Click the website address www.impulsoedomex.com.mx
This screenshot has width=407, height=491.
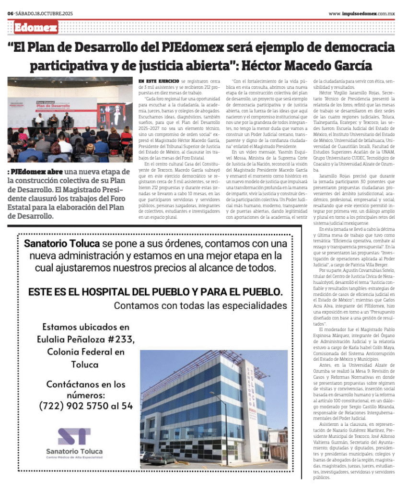pos(362,13)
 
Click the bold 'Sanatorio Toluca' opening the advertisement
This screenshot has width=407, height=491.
pos(62,244)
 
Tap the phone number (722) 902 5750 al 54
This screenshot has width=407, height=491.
pos(86,406)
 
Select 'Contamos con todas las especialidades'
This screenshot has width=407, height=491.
pos(200,305)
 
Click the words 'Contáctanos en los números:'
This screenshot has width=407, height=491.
pos(86,389)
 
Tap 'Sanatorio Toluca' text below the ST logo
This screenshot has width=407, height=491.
pos(74,451)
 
